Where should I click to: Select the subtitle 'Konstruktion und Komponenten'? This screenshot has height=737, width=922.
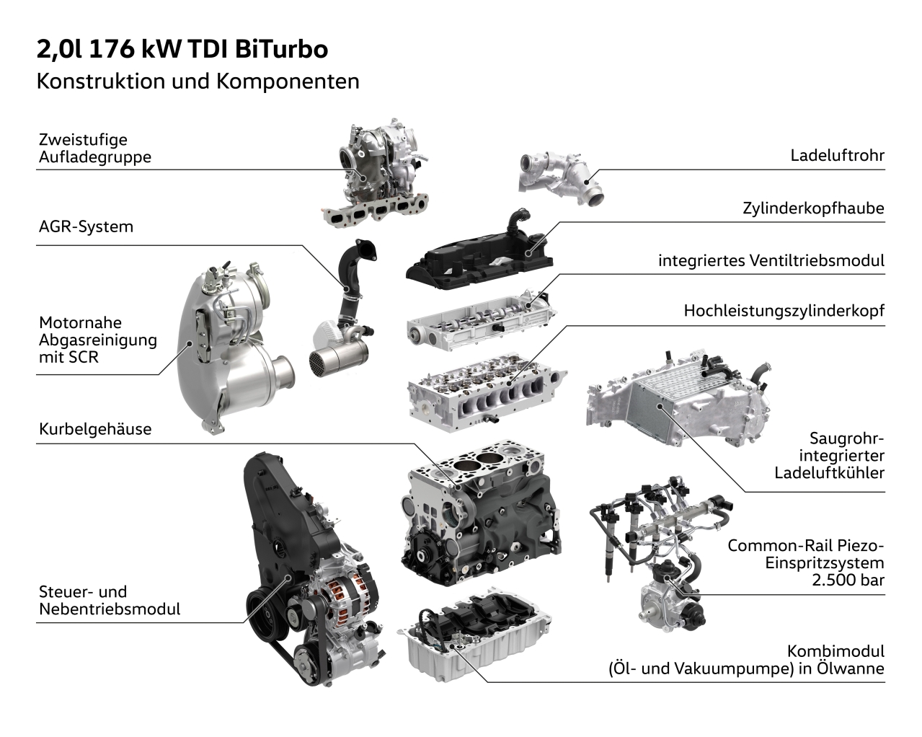pos(198,81)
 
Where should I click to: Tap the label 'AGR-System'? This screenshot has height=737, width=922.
pos(86,226)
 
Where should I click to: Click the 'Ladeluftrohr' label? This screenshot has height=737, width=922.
pos(837,155)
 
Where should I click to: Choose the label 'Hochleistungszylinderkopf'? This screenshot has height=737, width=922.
pos(784,312)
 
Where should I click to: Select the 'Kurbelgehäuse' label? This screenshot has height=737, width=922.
pos(95,429)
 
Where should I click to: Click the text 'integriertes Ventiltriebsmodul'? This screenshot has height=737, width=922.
pos(771,260)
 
